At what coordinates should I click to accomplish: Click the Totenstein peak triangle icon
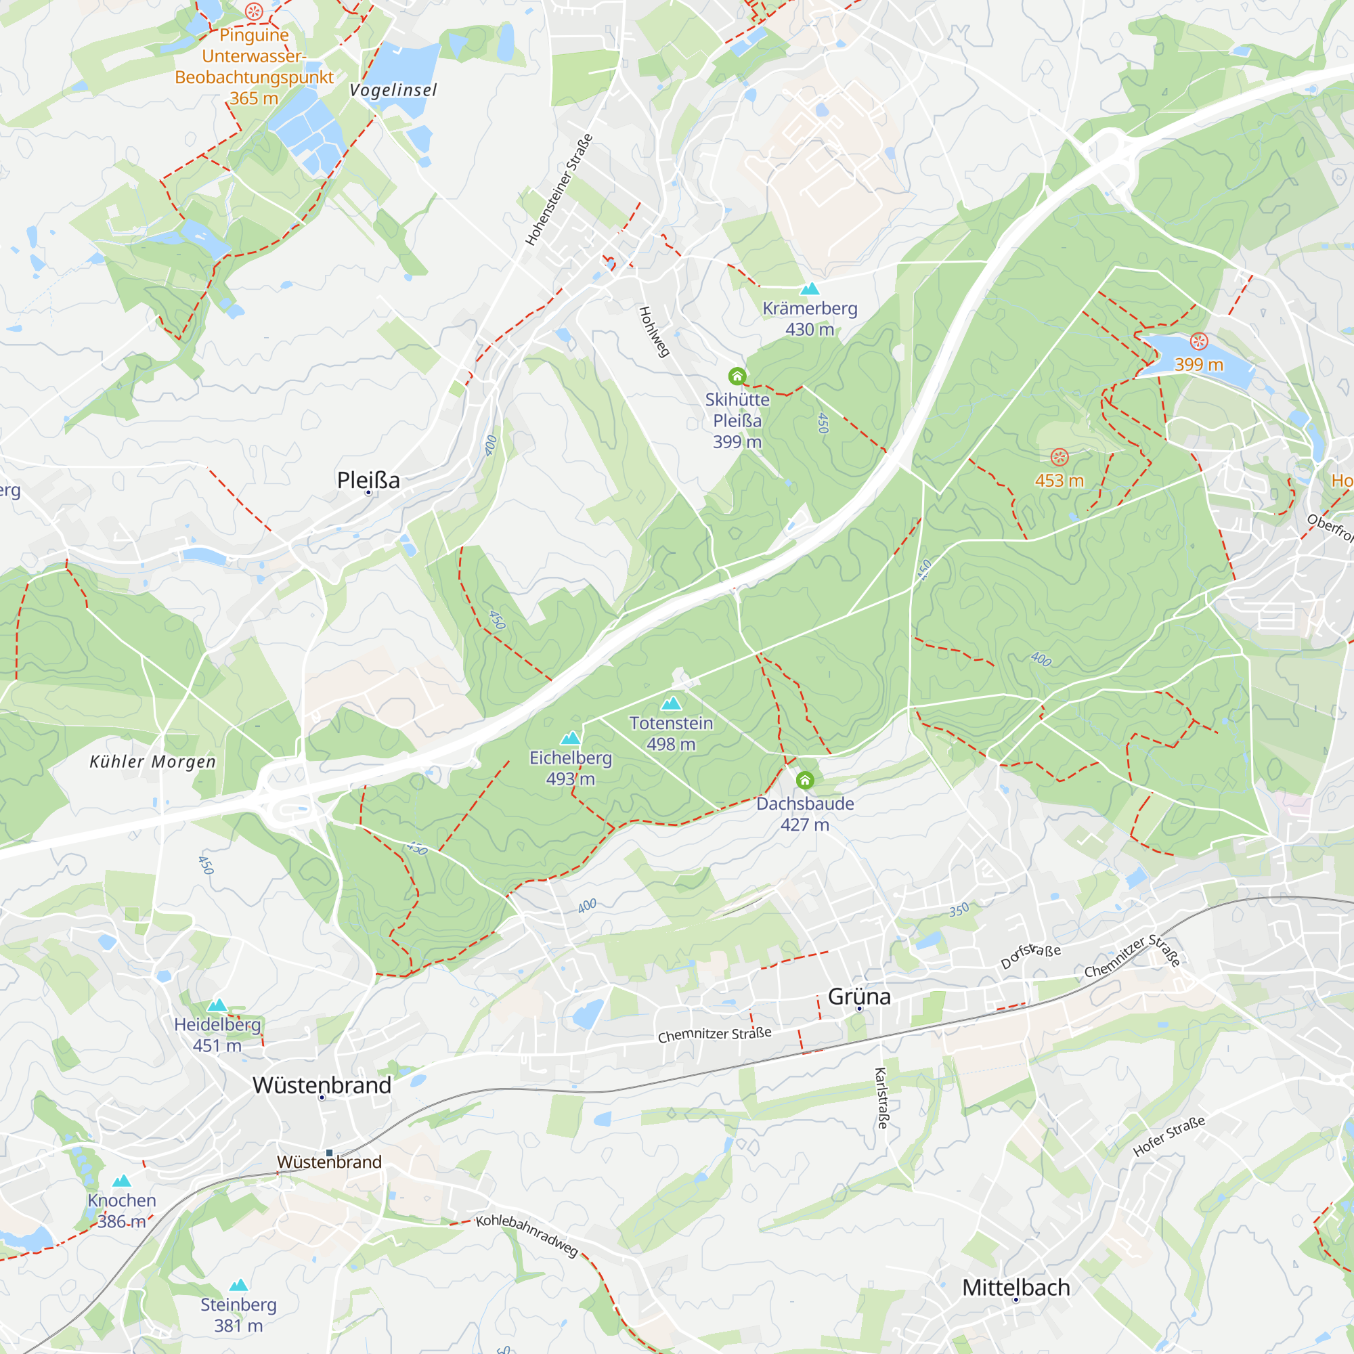click(x=672, y=703)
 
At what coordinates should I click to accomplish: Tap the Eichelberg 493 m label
click(x=571, y=768)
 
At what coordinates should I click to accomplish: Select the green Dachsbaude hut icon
click(x=804, y=780)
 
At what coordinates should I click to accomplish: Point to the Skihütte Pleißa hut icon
click(x=737, y=376)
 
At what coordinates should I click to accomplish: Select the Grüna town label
click(x=858, y=997)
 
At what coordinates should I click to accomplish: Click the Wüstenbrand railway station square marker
click(x=330, y=1153)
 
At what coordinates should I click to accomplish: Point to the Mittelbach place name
click(x=1016, y=1288)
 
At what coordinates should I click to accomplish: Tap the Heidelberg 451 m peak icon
click(x=217, y=1005)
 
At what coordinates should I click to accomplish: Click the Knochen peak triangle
click(x=122, y=1181)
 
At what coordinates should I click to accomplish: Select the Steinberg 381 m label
click(x=238, y=1315)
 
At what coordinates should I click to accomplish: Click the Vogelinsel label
click(x=393, y=91)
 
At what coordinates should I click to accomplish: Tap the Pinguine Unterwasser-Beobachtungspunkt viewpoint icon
click(x=254, y=12)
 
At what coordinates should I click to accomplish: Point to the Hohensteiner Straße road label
click(x=559, y=190)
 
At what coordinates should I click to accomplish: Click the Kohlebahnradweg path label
click(x=527, y=1235)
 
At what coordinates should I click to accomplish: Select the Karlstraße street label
click(x=882, y=1098)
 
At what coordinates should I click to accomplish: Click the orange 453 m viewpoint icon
click(x=1059, y=458)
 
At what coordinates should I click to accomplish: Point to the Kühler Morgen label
click(x=153, y=762)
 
